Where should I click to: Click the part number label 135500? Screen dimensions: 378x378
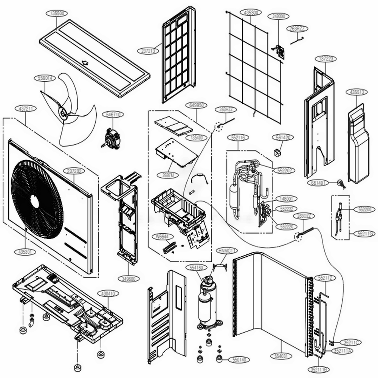(x=57, y=13)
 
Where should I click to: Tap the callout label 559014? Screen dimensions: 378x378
(x=45, y=78)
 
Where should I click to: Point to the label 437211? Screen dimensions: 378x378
(x=25, y=108)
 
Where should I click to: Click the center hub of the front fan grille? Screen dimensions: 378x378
(x=35, y=201)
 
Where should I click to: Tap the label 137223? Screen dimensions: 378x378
(x=325, y=59)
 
